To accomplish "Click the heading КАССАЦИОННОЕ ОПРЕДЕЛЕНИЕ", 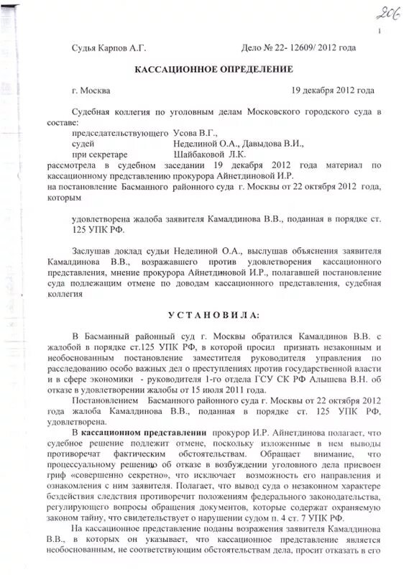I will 214,69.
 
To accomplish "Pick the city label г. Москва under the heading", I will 91,91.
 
